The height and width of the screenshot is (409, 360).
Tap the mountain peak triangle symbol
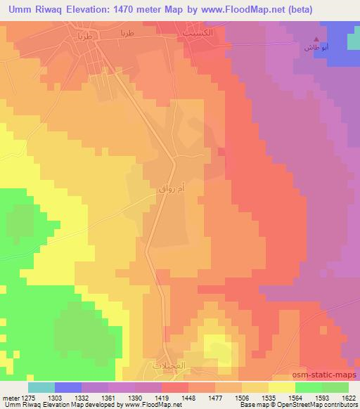point(316,39)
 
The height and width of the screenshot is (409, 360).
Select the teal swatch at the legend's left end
point(41,387)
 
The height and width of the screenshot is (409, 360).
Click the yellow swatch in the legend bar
point(281,387)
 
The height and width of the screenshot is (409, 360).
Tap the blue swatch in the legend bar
point(68,387)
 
